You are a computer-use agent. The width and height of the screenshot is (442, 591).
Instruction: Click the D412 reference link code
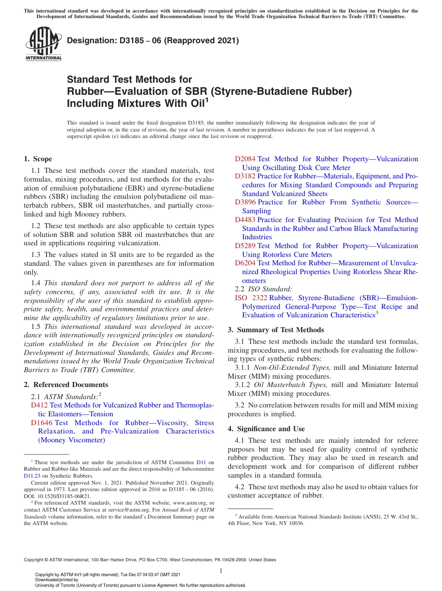point(39,405)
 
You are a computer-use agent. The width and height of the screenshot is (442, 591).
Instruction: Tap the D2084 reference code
point(245,159)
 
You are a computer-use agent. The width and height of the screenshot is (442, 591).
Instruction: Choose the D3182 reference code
point(245,176)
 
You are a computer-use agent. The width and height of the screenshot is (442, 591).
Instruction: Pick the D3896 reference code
point(245,202)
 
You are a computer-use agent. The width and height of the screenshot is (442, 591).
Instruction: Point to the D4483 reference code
point(245,220)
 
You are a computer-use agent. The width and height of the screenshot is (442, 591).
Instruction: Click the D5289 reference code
point(245,246)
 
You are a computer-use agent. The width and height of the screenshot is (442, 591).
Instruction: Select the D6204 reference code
point(245,263)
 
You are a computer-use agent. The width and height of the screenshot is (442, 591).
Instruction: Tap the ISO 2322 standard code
point(251,298)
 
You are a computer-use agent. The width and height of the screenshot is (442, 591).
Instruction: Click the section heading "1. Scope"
point(38,159)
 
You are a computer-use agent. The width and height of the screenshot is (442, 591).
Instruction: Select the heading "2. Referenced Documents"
point(66,385)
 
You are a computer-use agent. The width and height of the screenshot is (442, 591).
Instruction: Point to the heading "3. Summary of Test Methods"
point(275,330)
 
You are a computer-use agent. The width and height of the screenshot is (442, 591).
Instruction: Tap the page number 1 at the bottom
point(221,571)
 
